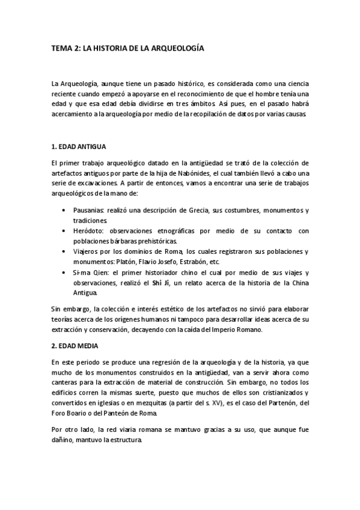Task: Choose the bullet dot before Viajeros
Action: tap(64, 252)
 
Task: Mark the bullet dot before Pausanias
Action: tap(64, 210)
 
